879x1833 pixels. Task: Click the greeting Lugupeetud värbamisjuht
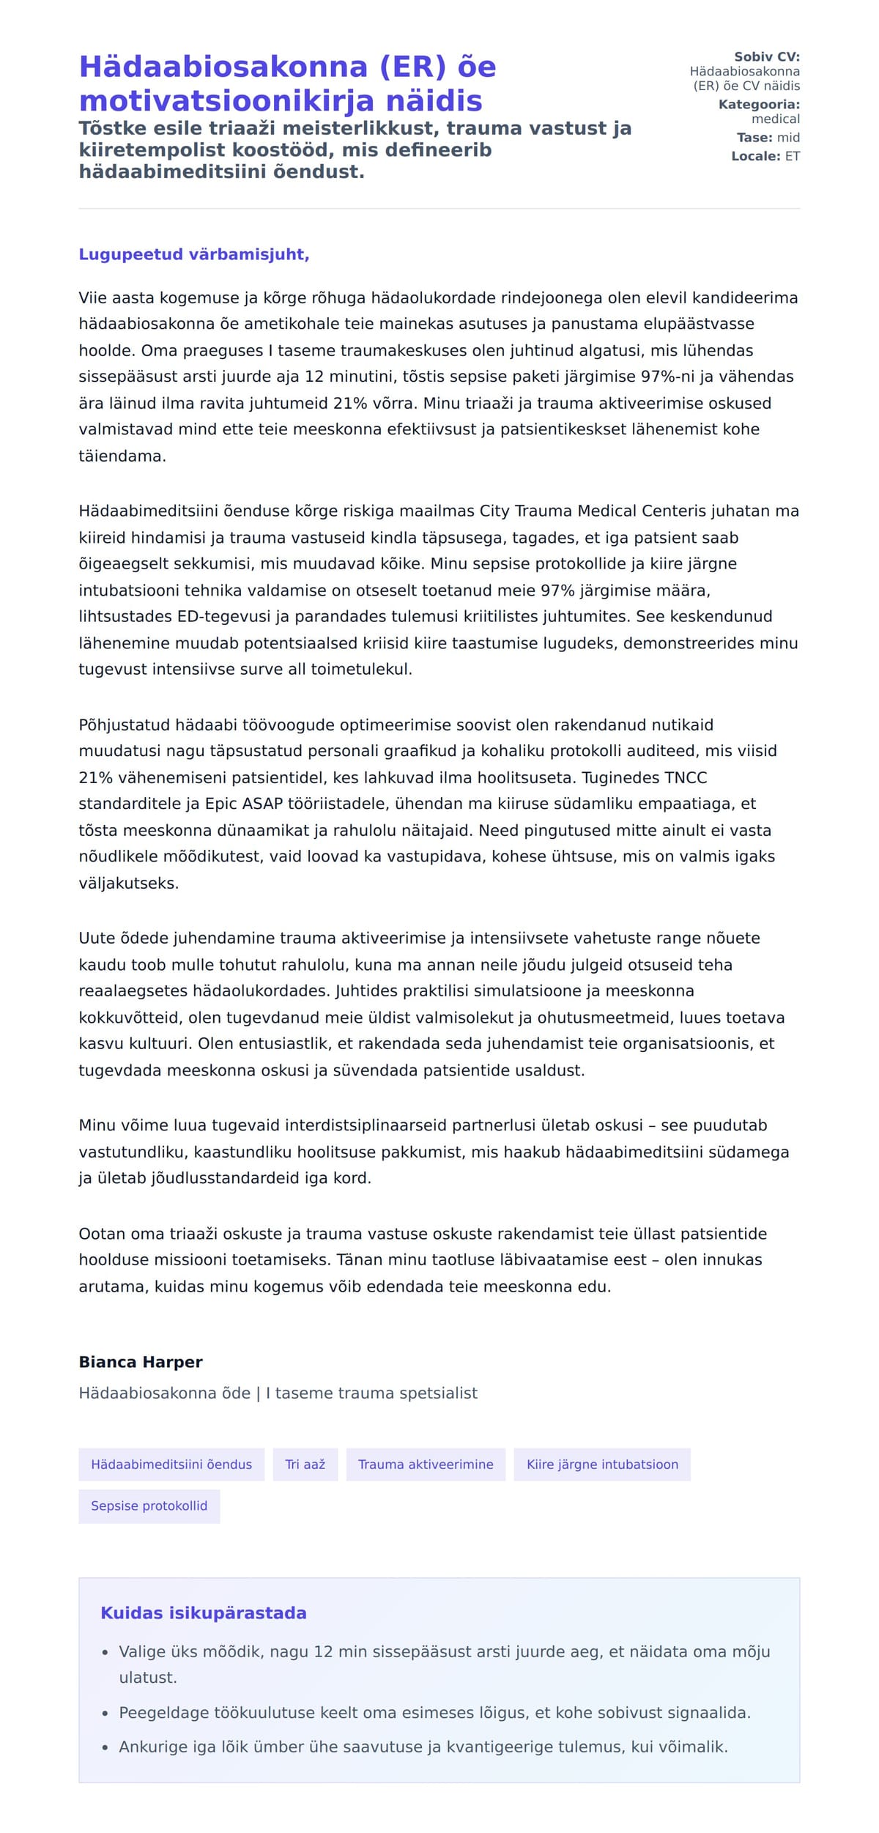tap(194, 254)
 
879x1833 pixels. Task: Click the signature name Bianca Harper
tap(141, 1362)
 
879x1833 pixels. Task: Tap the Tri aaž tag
tap(305, 1464)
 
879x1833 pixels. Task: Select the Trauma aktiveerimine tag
tap(426, 1464)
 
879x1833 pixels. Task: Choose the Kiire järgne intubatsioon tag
tap(602, 1464)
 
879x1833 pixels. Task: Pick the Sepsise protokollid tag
tap(149, 1506)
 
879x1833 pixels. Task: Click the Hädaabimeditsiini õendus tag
tap(171, 1464)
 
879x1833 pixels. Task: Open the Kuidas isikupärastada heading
tap(204, 1612)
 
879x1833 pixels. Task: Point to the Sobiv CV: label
tap(767, 56)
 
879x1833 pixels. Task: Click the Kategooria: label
tap(759, 104)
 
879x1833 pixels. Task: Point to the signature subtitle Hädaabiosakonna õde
tap(165, 1393)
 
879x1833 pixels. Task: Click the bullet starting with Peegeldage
tap(434, 1713)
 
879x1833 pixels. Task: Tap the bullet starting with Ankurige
tap(423, 1747)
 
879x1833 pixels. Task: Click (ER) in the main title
tap(412, 67)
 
